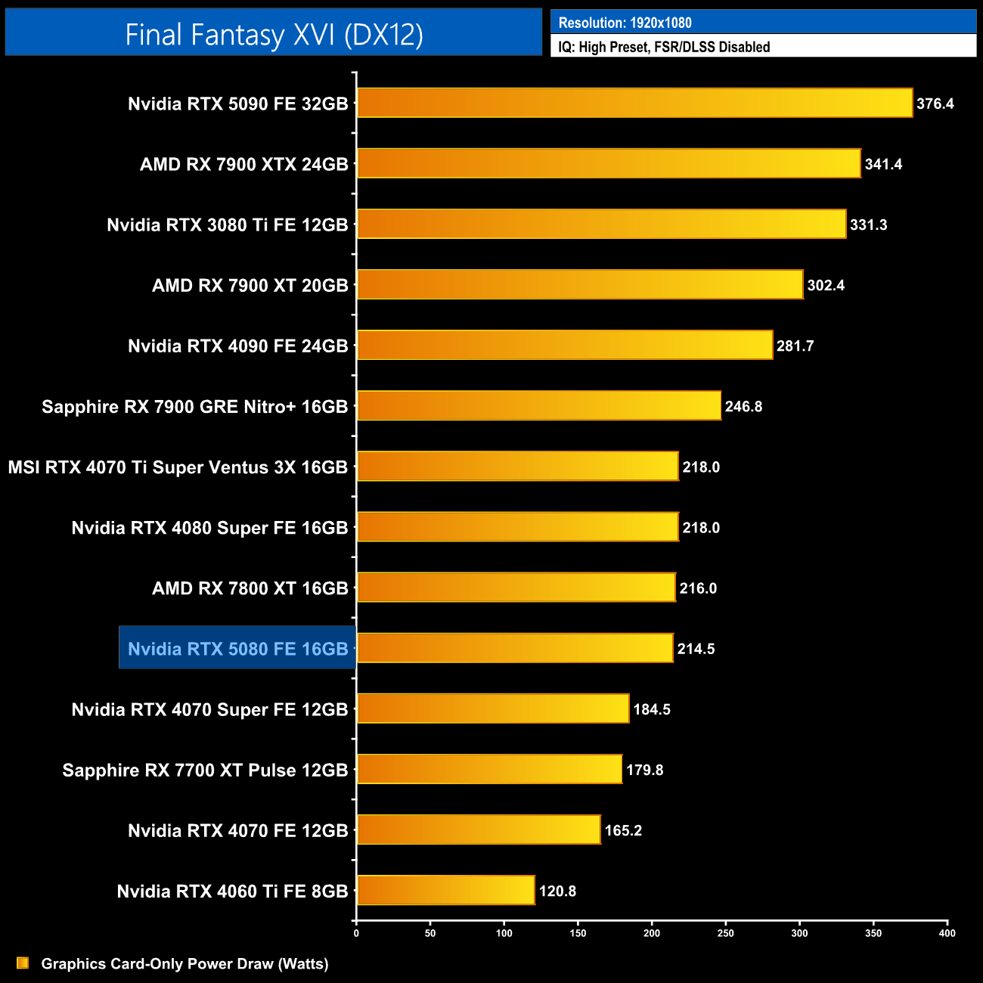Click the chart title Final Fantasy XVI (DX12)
tap(274, 35)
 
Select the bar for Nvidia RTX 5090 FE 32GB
tap(634, 103)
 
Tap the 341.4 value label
tap(883, 164)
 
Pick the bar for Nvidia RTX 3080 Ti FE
tap(601, 224)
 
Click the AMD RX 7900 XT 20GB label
tap(250, 286)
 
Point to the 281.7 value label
tap(795, 346)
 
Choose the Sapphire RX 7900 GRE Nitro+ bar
tap(538, 406)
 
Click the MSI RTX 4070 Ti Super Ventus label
tap(178, 467)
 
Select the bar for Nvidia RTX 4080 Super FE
tap(517, 527)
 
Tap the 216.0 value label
tap(698, 588)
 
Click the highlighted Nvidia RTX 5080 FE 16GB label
tap(237, 649)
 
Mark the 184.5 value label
tap(652, 709)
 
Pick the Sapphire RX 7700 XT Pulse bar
tap(489, 769)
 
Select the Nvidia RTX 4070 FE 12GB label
tap(237, 831)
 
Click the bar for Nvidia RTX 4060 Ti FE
tap(445, 890)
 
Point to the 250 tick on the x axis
tap(725, 933)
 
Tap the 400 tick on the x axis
tap(947, 933)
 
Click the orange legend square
tap(23, 963)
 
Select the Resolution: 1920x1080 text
tap(625, 23)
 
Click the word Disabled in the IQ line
tap(744, 47)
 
